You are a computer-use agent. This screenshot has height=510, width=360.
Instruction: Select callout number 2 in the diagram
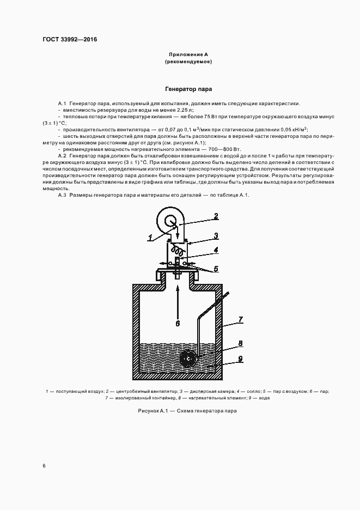[x=216, y=217]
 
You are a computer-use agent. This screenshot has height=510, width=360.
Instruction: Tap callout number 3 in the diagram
[x=216, y=235]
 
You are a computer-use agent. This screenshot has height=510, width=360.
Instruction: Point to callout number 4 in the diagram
[x=216, y=251]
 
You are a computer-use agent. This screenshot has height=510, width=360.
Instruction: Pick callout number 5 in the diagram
[x=216, y=269]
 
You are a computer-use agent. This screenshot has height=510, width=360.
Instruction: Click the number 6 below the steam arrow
[x=178, y=323]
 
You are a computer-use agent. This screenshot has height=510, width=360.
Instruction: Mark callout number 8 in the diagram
[x=241, y=344]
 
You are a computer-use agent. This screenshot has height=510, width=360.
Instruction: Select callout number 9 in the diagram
[x=241, y=359]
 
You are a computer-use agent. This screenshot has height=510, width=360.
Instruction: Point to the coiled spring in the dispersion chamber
[x=176, y=251]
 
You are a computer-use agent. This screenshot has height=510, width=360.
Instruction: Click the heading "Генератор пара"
[x=189, y=88]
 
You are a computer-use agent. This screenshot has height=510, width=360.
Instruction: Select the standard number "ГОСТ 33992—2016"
[x=66, y=39]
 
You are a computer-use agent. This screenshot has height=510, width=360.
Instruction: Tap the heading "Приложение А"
[x=188, y=54]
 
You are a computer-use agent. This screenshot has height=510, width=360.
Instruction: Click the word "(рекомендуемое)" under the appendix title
[x=188, y=62]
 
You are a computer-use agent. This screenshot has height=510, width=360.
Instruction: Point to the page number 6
[x=44, y=466]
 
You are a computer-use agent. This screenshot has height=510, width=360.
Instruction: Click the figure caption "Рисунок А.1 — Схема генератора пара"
[x=188, y=410]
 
